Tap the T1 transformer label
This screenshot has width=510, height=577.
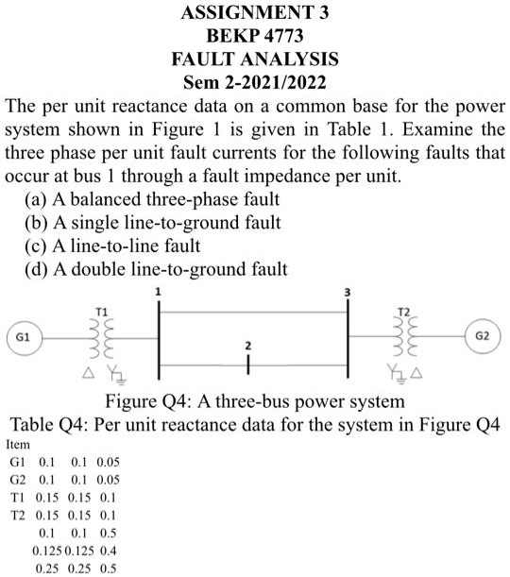102,313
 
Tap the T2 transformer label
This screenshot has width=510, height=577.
404,313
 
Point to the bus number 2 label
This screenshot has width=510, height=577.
248,346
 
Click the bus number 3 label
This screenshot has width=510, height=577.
348,293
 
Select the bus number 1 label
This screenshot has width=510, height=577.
158,292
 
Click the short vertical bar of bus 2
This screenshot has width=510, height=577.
248,365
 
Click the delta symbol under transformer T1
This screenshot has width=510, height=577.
88,373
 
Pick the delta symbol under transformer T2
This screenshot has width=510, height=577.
416,374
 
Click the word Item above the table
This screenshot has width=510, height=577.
18,445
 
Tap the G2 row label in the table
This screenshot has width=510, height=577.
18,481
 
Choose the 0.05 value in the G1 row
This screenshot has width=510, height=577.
109,462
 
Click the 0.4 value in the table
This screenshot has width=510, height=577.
109,551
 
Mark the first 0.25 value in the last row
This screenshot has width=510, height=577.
47,569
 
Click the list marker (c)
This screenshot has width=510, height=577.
36,246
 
